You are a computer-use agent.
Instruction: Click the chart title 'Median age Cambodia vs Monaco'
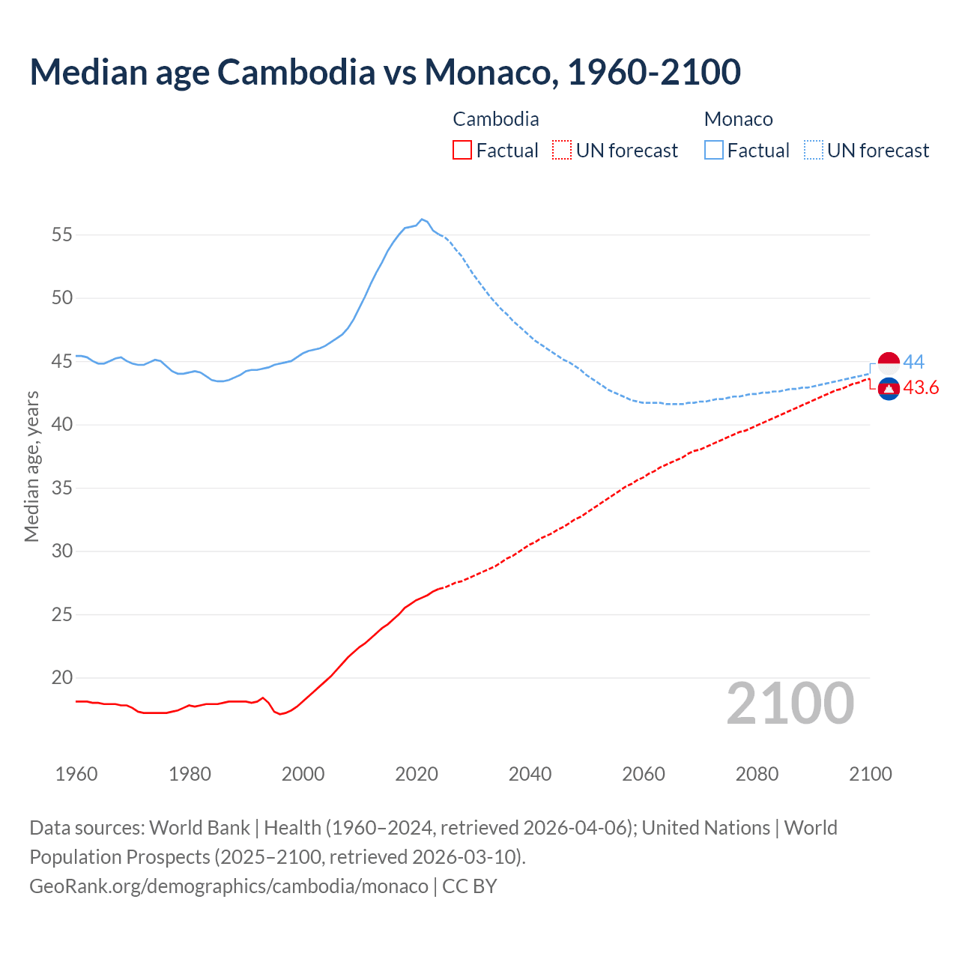tap(385, 72)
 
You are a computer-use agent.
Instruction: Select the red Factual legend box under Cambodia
tap(462, 150)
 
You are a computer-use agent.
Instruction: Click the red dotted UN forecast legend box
tap(561, 150)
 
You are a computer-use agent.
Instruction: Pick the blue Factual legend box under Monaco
tap(713, 150)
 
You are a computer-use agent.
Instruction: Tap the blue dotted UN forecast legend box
tap(813, 150)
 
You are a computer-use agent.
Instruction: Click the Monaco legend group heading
tap(738, 119)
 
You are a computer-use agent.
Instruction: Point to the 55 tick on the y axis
tap(61, 235)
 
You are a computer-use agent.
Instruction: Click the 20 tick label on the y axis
tap(61, 678)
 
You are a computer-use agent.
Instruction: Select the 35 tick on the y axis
tap(61, 488)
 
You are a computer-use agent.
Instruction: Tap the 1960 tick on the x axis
tap(76, 774)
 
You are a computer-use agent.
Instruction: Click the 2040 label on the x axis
tap(530, 774)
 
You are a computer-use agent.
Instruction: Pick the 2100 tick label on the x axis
tap(870, 774)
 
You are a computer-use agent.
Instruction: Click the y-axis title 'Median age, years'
tap(31, 465)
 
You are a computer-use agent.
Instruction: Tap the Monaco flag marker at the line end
tap(889, 363)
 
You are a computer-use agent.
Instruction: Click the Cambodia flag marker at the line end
tap(889, 389)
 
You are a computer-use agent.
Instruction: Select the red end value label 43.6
tap(921, 388)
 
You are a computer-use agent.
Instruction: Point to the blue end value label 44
tap(914, 362)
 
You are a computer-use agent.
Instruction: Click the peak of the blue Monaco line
tap(422, 219)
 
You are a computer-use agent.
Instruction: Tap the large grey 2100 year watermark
tap(790, 704)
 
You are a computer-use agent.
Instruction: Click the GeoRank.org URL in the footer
tap(229, 886)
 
